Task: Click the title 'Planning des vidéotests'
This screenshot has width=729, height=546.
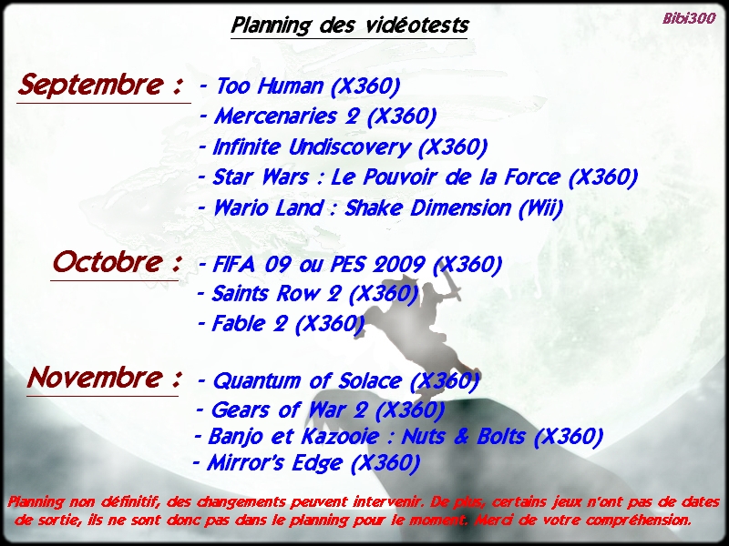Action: point(349,25)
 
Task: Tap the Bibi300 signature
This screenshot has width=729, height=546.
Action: point(689,18)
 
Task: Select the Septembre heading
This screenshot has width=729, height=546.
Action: point(100,85)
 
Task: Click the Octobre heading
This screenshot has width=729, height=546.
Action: point(117,262)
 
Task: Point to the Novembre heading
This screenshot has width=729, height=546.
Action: point(104,378)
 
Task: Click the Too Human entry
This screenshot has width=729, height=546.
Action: point(300,86)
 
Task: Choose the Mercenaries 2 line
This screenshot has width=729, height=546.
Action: point(318,116)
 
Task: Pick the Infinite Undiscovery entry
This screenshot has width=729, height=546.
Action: point(344,147)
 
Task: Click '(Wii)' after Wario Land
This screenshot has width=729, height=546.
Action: point(540,208)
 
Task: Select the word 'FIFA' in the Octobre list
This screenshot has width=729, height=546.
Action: point(234,264)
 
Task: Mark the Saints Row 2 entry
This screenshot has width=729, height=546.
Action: point(307,294)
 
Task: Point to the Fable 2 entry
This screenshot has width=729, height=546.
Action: point(281,324)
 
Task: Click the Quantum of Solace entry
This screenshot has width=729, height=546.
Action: point(338,381)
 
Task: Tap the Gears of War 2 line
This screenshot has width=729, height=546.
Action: point(320,410)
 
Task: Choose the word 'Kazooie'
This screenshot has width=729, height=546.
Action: point(340,437)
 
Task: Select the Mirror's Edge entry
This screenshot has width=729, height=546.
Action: point(306,463)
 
